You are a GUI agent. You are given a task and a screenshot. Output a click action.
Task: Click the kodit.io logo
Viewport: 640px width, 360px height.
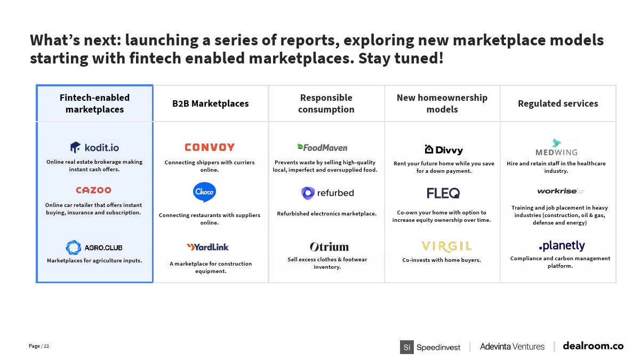click(x=94, y=147)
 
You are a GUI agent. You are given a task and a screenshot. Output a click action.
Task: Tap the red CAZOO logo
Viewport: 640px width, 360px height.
click(x=93, y=190)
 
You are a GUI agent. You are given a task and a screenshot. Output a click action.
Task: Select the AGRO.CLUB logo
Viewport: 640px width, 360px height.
click(x=94, y=247)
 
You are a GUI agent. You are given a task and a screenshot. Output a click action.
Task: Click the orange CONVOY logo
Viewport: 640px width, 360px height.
click(x=210, y=147)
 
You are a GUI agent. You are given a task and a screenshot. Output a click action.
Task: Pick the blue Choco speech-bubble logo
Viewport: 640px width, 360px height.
click(x=205, y=192)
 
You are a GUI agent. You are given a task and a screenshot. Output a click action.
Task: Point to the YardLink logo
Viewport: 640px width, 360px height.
click(x=207, y=247)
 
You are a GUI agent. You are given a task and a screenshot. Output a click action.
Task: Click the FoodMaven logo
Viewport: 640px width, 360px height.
click(x=322, y=147)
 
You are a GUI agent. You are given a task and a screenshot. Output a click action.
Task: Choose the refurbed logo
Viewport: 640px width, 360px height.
click(x=327, y=193)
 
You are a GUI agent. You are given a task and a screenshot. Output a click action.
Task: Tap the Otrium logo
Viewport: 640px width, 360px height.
click(x=329, y=247)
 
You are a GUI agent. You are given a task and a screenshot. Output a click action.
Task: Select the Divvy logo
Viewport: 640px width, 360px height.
click(x=444, y=150)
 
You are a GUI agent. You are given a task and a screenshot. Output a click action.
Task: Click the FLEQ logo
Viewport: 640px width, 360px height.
click(x=443, y=193)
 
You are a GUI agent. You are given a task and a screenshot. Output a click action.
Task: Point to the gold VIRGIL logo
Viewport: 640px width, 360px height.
click(x=446, y=246)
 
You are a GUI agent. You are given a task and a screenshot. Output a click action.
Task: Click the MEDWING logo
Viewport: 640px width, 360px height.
click(x=557, y=147)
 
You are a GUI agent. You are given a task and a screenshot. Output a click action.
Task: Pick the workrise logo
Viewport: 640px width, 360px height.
click(x=561, y=191)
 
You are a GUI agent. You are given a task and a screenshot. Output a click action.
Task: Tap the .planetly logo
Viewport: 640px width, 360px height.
click(x=562, y=246)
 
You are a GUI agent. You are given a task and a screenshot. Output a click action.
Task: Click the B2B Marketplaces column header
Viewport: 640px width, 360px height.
click(x=211, y=103)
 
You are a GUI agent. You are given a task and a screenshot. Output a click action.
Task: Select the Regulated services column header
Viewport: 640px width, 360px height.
click(x=558, y=103)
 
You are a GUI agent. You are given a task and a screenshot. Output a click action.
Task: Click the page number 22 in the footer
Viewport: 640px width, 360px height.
click(x=46, y=346)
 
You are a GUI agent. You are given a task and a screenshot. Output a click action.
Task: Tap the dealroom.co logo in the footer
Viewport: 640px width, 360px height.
click(x=593, y=346)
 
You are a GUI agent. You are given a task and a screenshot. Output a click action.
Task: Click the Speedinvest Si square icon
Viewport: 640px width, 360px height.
click(x=407, y=347)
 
